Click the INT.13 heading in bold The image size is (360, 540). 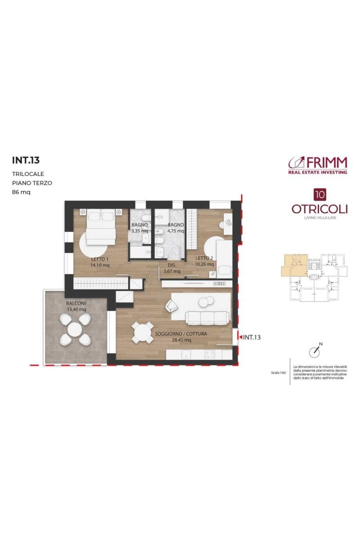(x=26, y=161)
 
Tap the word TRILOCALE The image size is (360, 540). (x=28, y=174)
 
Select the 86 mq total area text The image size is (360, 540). (x=21, y=193)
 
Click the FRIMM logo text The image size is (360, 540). (x=327, y=163)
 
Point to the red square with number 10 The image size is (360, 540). (x=320, y=194)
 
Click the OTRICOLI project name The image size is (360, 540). (x=319, y=209)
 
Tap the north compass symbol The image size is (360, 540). (x=315, y=351)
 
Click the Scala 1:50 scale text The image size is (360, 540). (x=278, y=373)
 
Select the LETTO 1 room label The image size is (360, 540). (x=100, y=259)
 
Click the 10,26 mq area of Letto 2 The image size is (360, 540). (x=204, y=264)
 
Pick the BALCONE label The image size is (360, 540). (x=76, y=303)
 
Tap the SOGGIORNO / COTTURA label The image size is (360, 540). (x=181, y=334)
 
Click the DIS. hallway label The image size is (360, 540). (x=172, y=265)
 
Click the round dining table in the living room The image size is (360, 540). (x=143, y=333)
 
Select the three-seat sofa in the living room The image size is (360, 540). (x=207, y=318)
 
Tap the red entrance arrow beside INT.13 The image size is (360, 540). (x=240, y=337)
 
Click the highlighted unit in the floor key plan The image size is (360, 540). (x=295, y=265)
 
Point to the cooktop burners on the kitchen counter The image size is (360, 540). (x=210, y=355)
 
